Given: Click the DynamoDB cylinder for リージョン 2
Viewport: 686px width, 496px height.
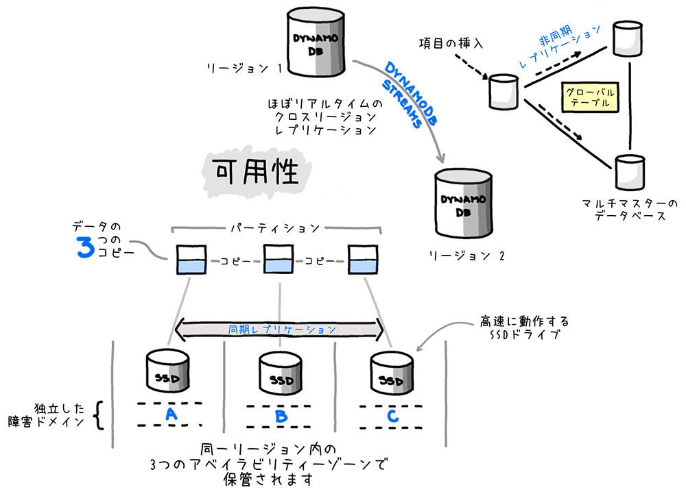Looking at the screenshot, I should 464,203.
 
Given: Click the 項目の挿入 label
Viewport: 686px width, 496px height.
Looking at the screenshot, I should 451,43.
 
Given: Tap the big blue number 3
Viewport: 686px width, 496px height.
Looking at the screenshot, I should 84,249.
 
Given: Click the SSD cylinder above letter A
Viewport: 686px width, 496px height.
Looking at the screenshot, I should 168,371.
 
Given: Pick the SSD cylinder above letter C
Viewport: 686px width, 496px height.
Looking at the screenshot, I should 390,371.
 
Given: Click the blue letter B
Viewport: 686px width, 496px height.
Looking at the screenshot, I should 280,414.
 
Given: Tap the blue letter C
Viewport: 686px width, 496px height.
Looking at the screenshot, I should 390,414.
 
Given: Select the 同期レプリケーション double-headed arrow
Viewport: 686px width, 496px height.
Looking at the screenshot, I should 280,330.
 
